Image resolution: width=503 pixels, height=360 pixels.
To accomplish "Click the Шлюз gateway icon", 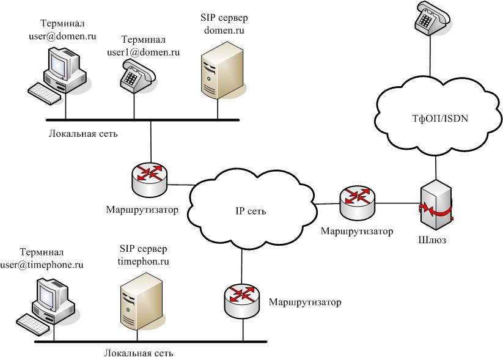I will click(x=435, y=201).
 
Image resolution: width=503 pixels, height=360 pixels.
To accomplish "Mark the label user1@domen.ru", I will click(x=144, y=53).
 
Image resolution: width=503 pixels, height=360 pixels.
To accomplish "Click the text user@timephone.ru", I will click(x=50, y=265).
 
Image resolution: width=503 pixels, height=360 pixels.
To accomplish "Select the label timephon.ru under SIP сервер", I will click(x=142, y=261).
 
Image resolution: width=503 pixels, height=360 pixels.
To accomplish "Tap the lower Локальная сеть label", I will click(x=139, y=353).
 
